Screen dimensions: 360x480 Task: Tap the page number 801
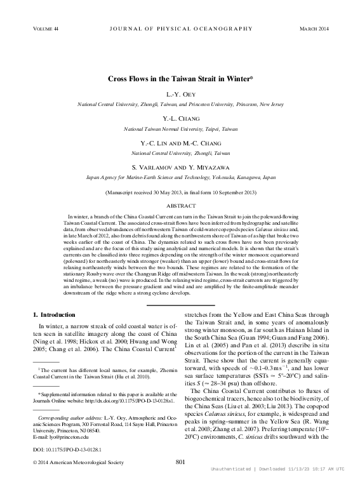click(180, 462)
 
